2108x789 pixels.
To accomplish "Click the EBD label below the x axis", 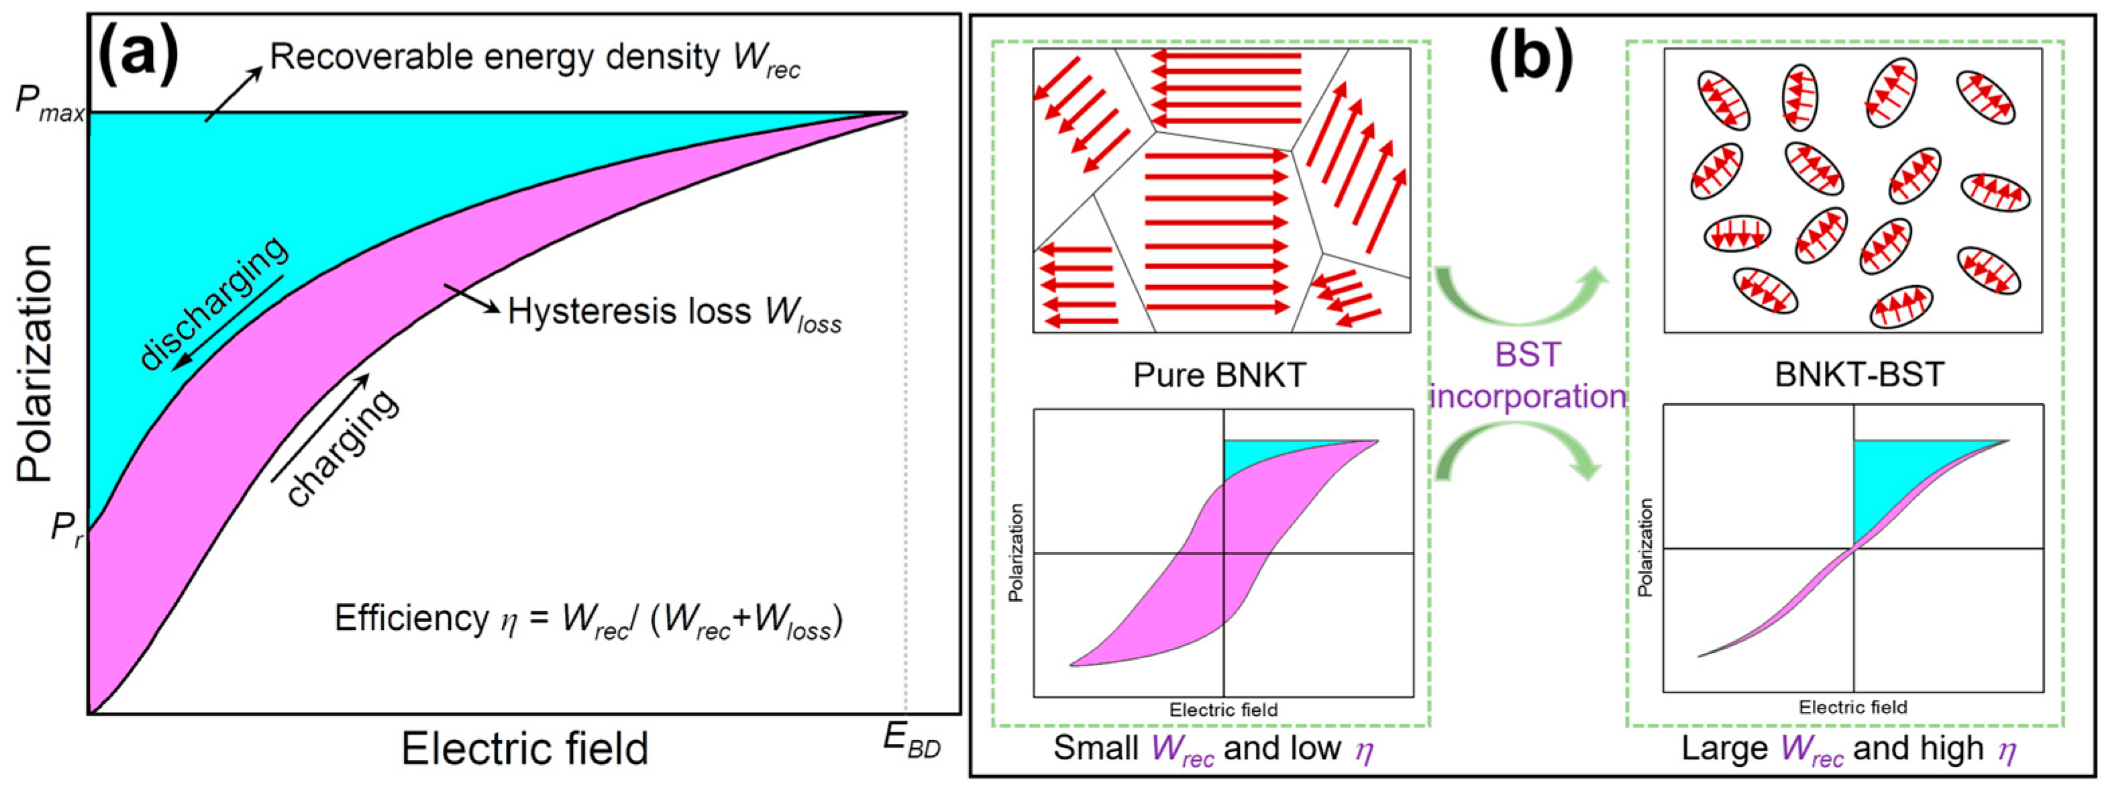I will coord(912,741).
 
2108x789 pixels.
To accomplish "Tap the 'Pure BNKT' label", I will coord(1219,375).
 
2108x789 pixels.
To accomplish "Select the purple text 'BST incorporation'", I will coord(1527,376).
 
